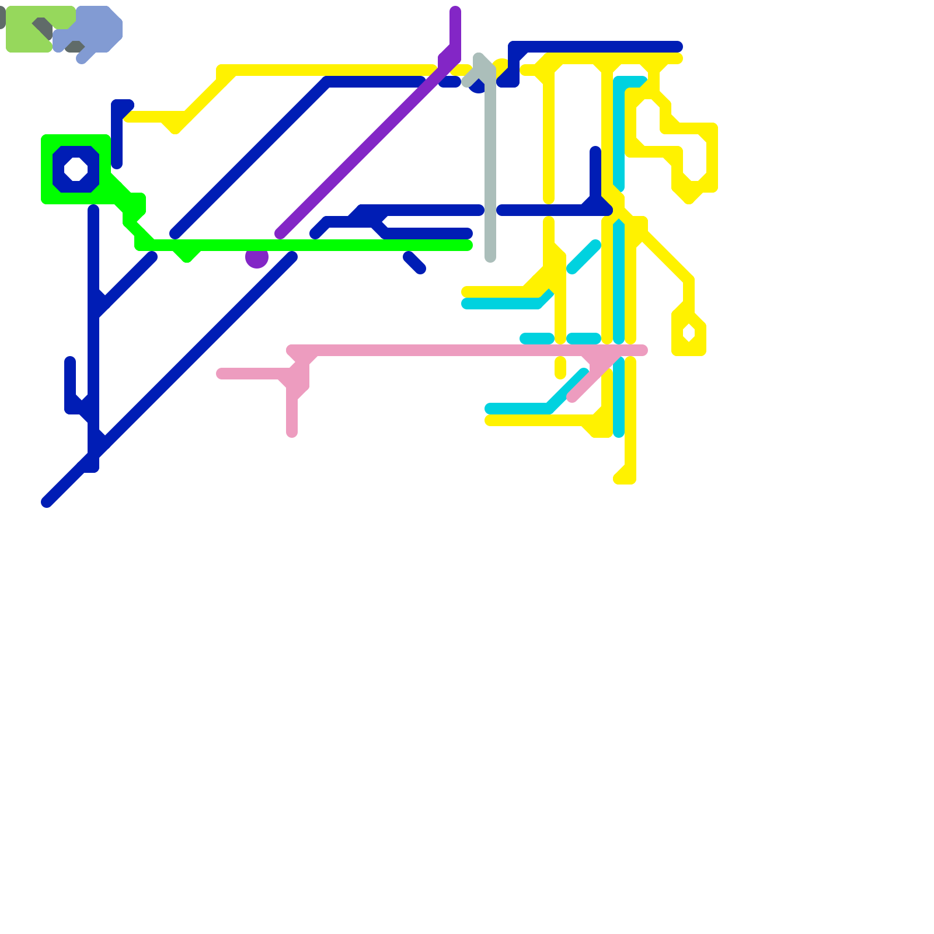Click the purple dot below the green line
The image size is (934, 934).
[x=257, y=258]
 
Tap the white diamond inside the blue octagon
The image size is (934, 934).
[x=76, y=169]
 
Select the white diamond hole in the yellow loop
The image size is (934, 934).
[x=689, y=333]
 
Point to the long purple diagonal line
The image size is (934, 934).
[x=362, y=152]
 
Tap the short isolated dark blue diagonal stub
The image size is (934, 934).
[x=414, y=263]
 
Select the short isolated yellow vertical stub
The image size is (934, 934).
[x=560, y=368]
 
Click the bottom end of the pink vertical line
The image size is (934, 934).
[x=292, y=432]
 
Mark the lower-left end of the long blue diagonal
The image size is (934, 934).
[x=47, y=502]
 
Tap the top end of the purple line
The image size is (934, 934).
[x=455, y=11]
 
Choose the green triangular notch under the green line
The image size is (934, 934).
[x=187, y=255]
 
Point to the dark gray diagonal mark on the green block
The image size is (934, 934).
[x=43, y=28]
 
